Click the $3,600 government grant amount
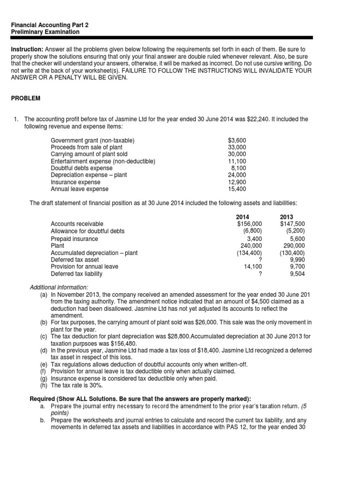tap(237, 141)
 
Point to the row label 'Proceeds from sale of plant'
tap(87, 148)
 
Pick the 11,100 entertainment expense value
tap(238, 161)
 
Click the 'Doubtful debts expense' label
tap(82, 168)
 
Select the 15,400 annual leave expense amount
tap(238, 189)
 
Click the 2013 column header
tap(287, 217)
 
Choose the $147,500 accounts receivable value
tap(292, 224)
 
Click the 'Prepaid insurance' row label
tap(75, 239)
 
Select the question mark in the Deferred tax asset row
tap(260, 259)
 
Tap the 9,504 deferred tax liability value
tap(297, 274)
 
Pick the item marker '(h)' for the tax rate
tap(44, 385)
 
